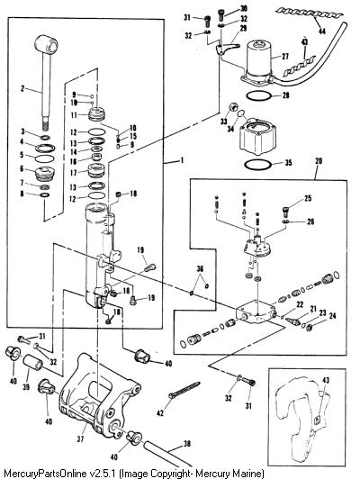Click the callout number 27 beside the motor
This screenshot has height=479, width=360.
tap(285, 57)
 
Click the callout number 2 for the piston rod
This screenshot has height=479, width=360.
tap(22, 88)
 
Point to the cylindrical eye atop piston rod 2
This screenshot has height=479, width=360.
tap(48, 44)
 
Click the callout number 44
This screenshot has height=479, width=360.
tap(322, 31)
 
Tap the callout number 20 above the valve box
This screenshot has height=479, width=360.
tap(319, 160)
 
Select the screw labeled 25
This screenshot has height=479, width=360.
tap(285, 211)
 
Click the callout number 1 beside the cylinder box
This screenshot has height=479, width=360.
tap(182, 160)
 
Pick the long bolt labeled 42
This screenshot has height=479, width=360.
tap(184, 389)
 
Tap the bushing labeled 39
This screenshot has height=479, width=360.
tap(33, 363)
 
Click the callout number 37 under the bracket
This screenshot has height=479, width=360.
tap(80, 439)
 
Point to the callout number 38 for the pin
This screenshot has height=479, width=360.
tap(185, 444)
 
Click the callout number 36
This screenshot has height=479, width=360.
tap(200, 269)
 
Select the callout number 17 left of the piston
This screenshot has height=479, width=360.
tap(74, 173)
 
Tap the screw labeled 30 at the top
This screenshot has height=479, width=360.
tap(221, 14)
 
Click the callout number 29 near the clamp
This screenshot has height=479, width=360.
tap(243, 29)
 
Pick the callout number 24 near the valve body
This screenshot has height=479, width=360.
tap(332, 315)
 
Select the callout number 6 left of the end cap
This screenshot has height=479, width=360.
tap(22, 168)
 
